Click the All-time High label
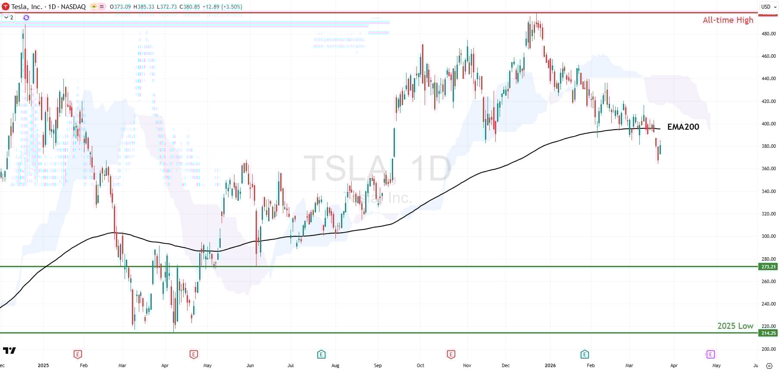click(728, 20)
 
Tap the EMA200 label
click(683, 127)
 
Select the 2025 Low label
click(735, 326)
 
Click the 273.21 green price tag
click(768, 267)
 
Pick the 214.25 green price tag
click(768, 333)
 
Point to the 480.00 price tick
click(769, 34)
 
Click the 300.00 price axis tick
click(769, 236)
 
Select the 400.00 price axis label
click(769, 124)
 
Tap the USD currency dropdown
click(767, 6)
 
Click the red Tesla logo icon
click(6, 6)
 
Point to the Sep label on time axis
click(378, 365)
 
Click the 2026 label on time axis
click(550, 365)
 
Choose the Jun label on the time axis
click(250, 365)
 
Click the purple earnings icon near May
click(710, 354)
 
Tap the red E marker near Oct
click(451, 354)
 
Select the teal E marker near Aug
click(321, 354)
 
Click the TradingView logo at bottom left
click(9, 350)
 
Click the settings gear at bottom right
click(769, 366)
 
